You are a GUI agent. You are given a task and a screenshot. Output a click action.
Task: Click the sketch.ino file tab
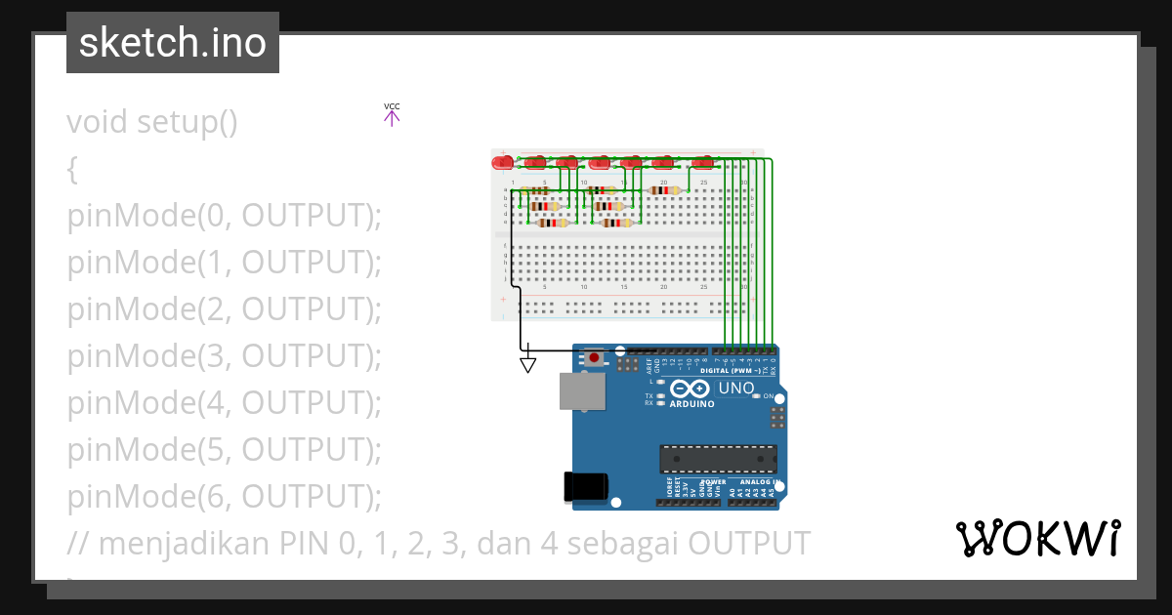pos(173,43)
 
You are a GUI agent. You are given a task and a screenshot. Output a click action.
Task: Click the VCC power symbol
pos(392,115)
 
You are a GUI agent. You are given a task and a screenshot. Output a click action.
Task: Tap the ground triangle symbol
pos(527,364)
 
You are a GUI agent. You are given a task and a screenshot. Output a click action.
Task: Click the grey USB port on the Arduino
pos(581,390)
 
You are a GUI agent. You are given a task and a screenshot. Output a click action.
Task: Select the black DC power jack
pos(585,485)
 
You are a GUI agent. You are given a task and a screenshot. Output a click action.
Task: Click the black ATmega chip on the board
pos(718,459)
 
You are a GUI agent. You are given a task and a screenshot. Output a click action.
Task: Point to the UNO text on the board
pos(736,389)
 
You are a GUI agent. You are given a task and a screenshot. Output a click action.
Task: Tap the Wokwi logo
pos(1037,539)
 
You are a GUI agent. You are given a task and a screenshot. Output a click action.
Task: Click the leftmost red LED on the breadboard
pos(503,162)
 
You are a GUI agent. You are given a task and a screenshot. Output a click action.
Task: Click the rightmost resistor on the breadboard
pos(664,190)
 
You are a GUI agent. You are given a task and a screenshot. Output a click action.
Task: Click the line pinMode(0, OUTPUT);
pos(224,216)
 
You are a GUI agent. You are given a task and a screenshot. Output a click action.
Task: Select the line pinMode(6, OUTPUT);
pos(224,497)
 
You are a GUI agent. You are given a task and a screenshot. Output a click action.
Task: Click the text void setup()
pos(152,122)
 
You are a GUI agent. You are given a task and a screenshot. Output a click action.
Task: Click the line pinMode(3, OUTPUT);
pos(224,356)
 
